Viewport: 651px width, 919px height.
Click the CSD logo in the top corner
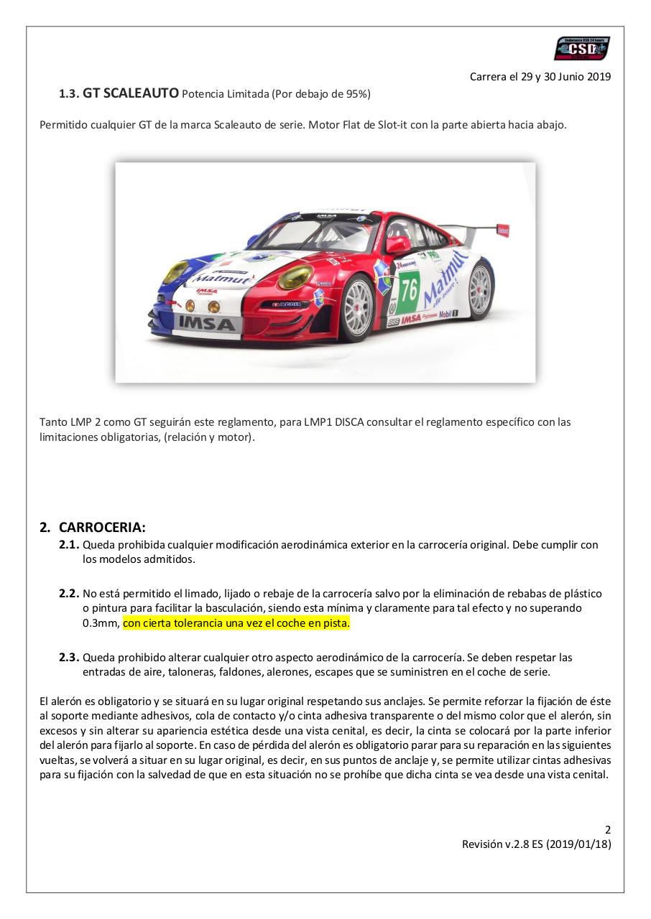[x=581, y=49]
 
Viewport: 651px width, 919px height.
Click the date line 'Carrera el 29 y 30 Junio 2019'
[x=540, y=77]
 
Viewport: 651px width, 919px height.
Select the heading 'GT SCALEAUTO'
[x=131, y=93]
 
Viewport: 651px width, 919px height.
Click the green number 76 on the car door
[x=410, y=290]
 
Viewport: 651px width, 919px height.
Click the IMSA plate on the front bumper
[x=206, y=324]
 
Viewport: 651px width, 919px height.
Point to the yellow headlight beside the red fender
[x=295, y=276]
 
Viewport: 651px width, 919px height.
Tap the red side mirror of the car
[x=397, y=246]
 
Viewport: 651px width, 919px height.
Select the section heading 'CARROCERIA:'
[x=102, y=528]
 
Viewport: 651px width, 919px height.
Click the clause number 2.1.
[x=69, y=545]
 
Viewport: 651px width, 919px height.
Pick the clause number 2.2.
[x=69, y=594]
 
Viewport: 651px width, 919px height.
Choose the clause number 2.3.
[x=69, y=657]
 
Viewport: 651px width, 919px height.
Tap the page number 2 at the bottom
[x=608, y=829]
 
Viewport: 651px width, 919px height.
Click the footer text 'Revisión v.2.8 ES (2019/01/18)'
[x=536, y=844]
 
